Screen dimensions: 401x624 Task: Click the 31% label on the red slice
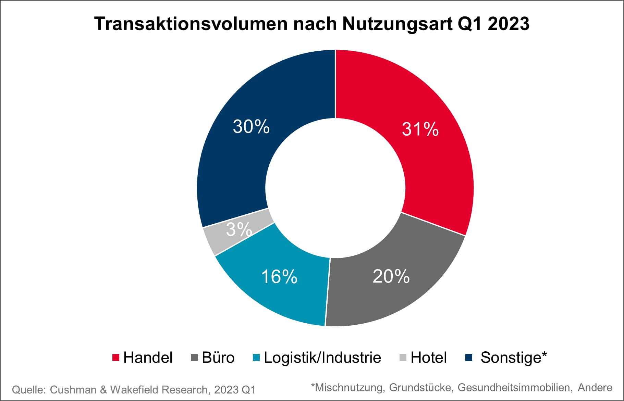(x=420, y=129)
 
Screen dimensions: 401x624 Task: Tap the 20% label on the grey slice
(x=391, y=276)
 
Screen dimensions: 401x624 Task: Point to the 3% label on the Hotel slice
(x=239, y=229)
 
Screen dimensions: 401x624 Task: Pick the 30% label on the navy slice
(x=251, y=126)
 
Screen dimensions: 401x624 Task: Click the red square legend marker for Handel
(x=116, y=358)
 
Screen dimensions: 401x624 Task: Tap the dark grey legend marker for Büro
(x=194, y=358)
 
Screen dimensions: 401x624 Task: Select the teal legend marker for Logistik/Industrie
(x=256, y=358)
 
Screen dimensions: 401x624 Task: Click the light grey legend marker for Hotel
(x=403, y=358)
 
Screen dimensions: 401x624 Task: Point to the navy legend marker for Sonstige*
(x=469, y=358)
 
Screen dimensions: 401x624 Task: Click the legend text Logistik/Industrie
(x=322, y=358)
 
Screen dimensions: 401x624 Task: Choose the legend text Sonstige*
(x=514, y=358)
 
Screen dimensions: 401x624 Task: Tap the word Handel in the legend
(x=148, y=358)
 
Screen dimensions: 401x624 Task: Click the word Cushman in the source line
(x=73, y=390)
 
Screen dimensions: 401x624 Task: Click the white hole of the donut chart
(x=335, y=188)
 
